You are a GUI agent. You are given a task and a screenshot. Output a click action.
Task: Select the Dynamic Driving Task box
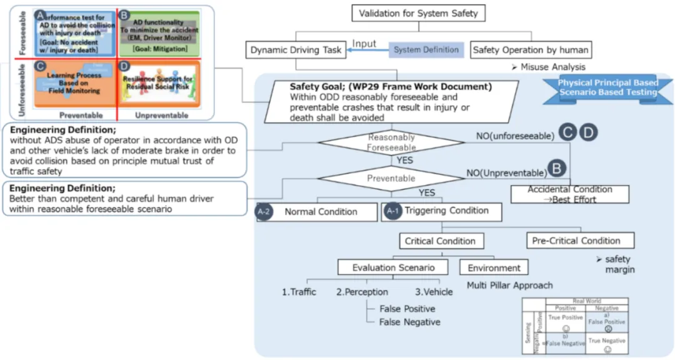pyautogui.click(x=296, y=50)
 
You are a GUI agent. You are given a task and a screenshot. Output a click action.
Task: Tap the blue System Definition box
pyautogui.click(x=426, y=50)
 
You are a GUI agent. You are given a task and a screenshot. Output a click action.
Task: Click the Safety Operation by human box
pyautogui.click(x=530, y=50)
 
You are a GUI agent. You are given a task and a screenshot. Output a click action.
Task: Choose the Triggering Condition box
pyautogui.click(x=446, y=211)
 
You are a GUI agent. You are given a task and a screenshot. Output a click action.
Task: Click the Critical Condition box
pyautogui.click(x=440, y=241)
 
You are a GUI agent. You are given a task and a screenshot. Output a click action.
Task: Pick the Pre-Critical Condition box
pyautogui.click(x=576, y=241)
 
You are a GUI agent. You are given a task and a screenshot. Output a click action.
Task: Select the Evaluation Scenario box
pyautogui.click(x=393, y=267)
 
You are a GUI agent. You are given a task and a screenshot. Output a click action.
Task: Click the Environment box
pyautogui.click(x=494, y=267)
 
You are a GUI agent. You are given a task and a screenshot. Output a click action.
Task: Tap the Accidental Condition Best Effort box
pyautogui.click(x=569, y=194)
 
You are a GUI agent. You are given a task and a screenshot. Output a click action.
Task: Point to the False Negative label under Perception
pyautogui.click(x=409, y=322)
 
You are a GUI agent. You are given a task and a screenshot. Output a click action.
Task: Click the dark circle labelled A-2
pyautogui.click(x=263, y=212)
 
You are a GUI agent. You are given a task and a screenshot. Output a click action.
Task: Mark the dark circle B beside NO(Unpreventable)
pyautogui.click(x=556, y=169)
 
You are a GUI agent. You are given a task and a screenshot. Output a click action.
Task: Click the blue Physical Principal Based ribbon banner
pyautogui.click(x=607, y=87)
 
